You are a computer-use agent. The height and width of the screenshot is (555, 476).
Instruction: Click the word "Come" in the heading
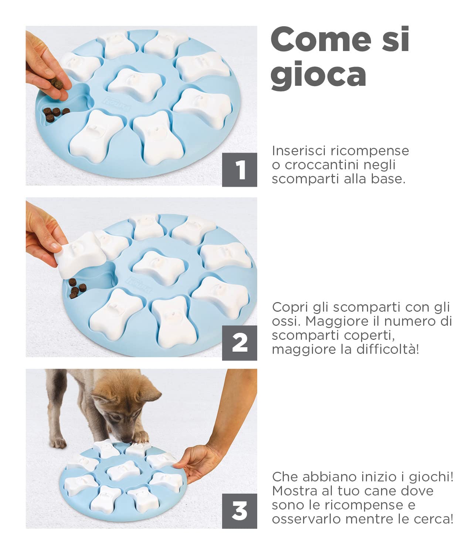click(321, 40)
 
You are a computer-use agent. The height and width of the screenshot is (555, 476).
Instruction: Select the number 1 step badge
click(239, 170)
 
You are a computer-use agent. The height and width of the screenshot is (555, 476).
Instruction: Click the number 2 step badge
click(239, 343)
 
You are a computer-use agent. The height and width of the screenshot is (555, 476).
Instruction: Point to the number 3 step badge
click(239, 511)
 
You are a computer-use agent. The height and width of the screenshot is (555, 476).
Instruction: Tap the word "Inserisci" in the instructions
click(299, 151)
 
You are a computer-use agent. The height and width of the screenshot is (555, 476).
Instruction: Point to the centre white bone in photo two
click(158, 266)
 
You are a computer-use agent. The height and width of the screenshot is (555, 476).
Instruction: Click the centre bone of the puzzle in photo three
click(122, 470)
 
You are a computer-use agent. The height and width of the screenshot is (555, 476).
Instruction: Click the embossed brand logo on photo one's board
click(118, 104)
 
